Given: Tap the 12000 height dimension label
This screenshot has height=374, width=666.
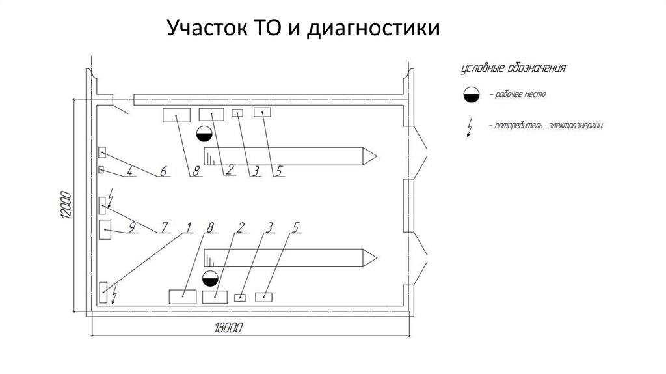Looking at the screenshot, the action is click(66, 205).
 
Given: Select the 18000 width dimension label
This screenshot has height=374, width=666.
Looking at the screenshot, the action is click(228, 328).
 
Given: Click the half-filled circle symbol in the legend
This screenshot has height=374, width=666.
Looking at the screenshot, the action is click(472, 95).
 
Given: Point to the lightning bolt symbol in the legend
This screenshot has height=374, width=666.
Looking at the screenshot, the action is click(470, 127).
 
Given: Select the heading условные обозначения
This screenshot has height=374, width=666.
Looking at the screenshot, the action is click(514, 68).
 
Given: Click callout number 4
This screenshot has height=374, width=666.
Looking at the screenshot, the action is click(130, 171).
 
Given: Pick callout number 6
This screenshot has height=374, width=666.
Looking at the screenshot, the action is click(163, 171).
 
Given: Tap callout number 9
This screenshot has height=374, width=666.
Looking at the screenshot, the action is click(132, 227).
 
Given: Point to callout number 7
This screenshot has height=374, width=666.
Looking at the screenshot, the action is click(165, 227).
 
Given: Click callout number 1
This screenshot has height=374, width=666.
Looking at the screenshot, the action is click(188, 227).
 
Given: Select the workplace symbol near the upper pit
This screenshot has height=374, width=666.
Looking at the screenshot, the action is click(204, 134).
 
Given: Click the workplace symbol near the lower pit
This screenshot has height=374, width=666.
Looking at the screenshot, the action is click(210, 278).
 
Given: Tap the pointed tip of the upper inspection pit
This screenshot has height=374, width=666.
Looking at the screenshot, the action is click(377, 156).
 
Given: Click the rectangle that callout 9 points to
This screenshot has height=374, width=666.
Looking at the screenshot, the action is click(105, 230).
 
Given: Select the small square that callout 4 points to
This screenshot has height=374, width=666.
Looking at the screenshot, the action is click(101, 170).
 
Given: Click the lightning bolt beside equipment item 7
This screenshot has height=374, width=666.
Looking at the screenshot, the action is click(111, 198).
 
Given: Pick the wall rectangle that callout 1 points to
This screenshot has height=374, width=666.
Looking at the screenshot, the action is click(103, 293).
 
